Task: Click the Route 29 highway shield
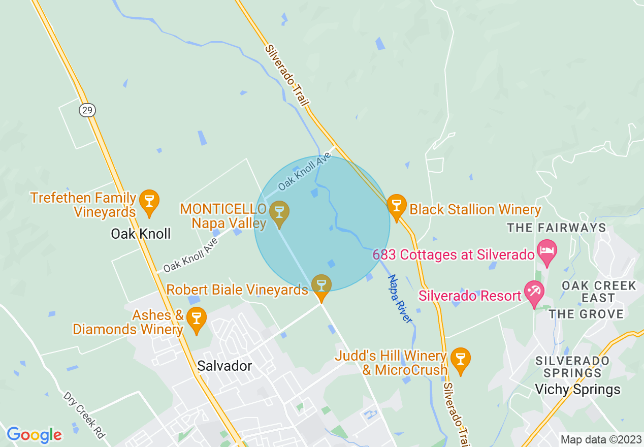click(x=87, y=110)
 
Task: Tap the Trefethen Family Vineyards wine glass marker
click(x=149, y=202)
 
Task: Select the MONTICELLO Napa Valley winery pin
click(x=278, y=213)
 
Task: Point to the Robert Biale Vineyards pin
click(x=321, y=286)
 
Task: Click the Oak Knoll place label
click(x=141, y=234)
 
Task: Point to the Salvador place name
click(x=224, y=366)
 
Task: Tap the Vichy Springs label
click(x=577, y=390)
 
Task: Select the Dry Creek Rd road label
click(x=84, y=415)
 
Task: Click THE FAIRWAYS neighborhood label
click(x=557, y=228)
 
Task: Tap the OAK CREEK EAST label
click(x=598, y=292)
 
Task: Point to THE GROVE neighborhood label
click(x=586, y=314)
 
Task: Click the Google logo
click(x=34, y=435)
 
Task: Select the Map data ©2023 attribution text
click(x=599, y=439)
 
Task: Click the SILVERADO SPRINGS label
click(x=572, y=367)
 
